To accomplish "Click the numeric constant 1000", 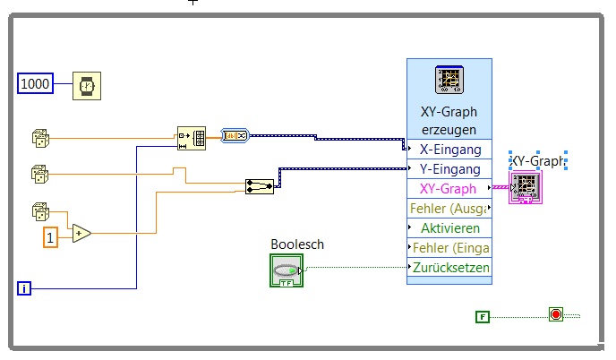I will point(35,85).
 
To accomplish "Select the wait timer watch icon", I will point(87,86).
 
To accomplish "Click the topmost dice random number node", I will point(40,137).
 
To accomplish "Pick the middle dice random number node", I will point(40,173).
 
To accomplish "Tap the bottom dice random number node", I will point(40,212).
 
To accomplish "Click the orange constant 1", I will point(51,238).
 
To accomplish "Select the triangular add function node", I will point(81,233).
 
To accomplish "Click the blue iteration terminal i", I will point(25,287).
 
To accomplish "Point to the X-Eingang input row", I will point(449,149).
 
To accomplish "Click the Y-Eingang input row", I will point(449,168).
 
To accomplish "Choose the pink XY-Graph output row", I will point(449,188).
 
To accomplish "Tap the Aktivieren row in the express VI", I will point(449,227).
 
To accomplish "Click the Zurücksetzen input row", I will point(450,267).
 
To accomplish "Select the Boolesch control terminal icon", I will point(287,270).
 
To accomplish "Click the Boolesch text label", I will point(296,244).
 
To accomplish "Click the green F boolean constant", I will point(483,315).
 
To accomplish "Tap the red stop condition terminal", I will point(556,314).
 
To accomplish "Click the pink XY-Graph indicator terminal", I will point(523,187).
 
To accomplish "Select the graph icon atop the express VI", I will point(448,80).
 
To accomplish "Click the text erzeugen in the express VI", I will point(449,129).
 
